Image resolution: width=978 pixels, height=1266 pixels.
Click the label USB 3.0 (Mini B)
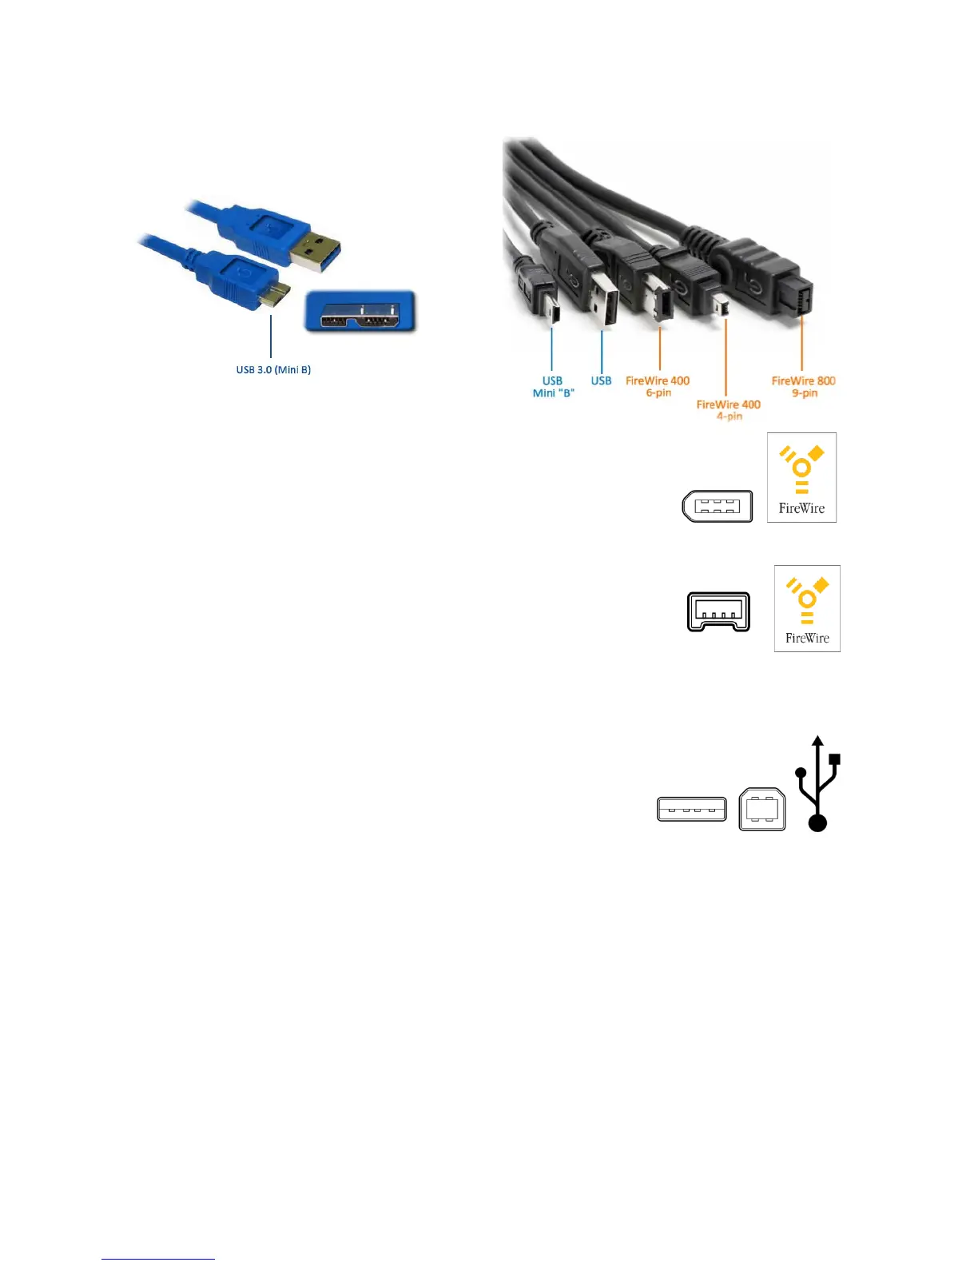coord(273,370)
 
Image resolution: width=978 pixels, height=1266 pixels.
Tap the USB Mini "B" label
coord(553,387)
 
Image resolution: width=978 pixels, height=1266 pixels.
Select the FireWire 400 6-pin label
coord(658,387)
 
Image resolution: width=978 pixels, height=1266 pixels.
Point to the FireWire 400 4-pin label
coord(728,410)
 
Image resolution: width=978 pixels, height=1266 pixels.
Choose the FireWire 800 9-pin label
coord(803,387)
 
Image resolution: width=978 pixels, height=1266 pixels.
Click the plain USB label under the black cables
coord(601,381)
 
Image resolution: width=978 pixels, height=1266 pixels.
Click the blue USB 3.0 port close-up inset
coord(360,312)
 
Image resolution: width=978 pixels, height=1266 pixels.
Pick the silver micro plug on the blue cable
coord(276,294)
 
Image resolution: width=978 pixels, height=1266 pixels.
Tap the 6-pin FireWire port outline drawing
coord(718,506)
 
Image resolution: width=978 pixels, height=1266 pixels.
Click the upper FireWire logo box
coord(801,478)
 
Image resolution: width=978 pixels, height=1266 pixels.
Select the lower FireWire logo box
coord(807,609)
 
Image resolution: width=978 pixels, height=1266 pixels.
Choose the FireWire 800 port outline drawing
coord(718,612)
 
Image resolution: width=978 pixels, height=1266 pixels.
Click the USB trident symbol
coord(817,785)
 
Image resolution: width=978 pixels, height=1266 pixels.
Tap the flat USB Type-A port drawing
coord(692,810)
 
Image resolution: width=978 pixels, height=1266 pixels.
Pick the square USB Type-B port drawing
coord(762,810)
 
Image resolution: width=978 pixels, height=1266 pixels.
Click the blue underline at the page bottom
coord(158,1259)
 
